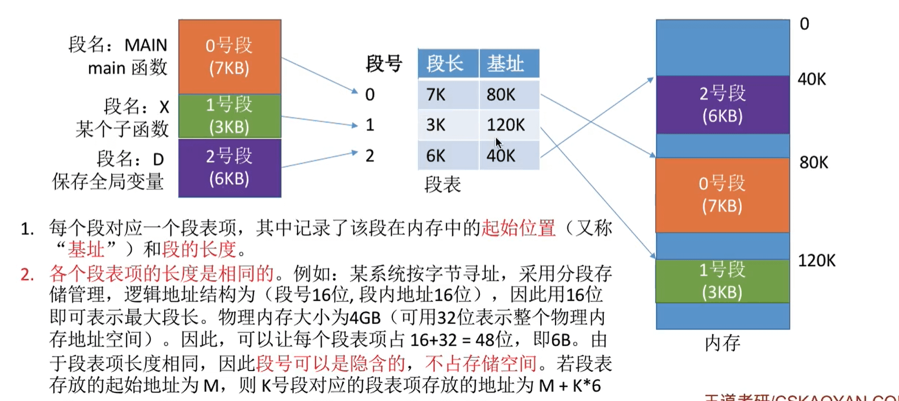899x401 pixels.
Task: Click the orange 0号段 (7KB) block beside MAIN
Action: [230, 57]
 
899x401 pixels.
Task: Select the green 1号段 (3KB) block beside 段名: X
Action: [230, 116]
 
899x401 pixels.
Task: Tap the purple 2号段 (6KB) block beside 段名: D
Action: [230, 167]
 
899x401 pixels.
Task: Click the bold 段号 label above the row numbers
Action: [384, 64]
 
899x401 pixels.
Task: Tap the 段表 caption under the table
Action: [442, 184]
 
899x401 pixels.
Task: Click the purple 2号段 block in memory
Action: [722, 104]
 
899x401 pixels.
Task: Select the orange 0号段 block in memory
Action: [722, 195]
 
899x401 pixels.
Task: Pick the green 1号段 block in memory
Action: [722, 281]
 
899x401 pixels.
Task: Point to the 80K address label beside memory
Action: [814, 163]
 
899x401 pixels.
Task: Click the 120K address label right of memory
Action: [816, 260]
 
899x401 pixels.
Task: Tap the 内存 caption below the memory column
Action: [722, 343]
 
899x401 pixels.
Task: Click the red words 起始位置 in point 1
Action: [518, 228]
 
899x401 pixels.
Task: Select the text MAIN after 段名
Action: [146, 45]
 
